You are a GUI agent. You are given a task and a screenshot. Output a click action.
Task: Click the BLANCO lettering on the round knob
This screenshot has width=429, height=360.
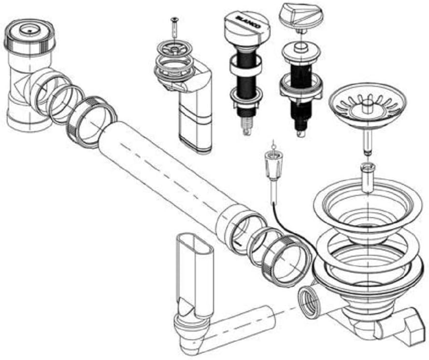pyautogui.click(x=245, y=22)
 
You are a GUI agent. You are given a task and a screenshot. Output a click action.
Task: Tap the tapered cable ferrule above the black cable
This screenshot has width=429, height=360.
pyautogui.click(x=273, y=165)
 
